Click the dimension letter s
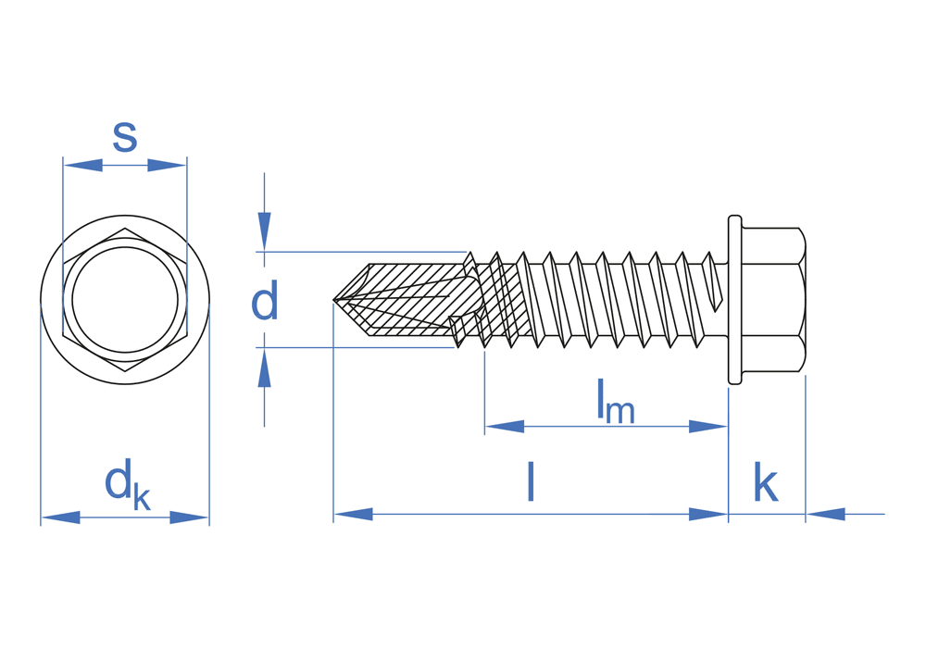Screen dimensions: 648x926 [125, 137]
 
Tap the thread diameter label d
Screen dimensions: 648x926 [264, 302]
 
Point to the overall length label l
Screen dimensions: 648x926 [531, 481]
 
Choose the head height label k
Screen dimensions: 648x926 [765, 482]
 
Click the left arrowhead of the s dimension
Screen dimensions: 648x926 [82, 166]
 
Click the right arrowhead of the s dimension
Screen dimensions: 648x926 [168, 166]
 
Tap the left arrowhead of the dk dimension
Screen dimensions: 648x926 [60, 517]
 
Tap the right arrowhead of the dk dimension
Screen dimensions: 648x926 [190, 517]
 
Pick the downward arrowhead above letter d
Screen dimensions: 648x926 [264, 231]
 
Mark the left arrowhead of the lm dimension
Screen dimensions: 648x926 [505, 427]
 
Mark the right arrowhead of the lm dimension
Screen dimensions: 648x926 [708, 427]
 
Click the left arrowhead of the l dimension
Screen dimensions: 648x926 [353, 515]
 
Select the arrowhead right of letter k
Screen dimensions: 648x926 [826, 515]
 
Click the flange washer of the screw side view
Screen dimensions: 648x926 [735, 299]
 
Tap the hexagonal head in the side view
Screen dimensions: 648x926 [773, 299]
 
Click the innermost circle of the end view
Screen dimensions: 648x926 [125, 300]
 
